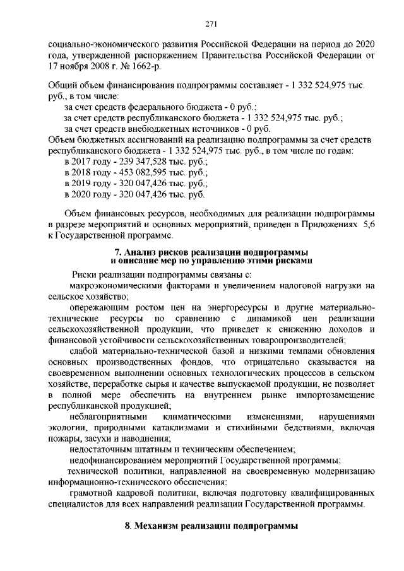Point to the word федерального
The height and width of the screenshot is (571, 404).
148,107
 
